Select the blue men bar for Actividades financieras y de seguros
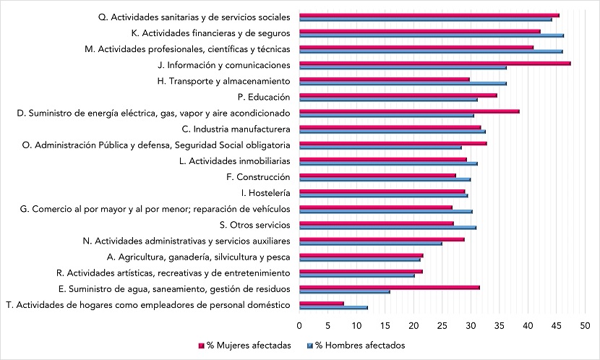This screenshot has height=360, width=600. (431, 35)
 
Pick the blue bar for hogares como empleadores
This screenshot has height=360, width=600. (333, 307)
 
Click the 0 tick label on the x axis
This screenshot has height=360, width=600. (299, 325)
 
